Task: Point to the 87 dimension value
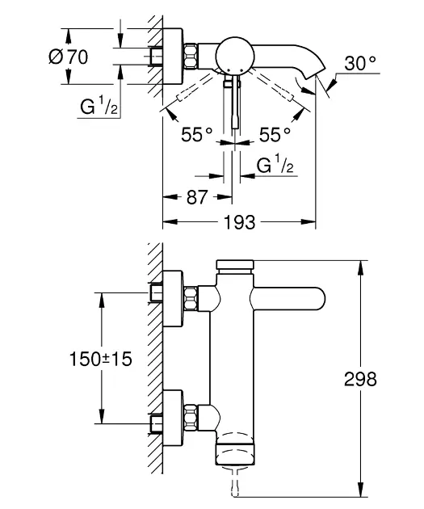pyautogui.click(x=196, y=196)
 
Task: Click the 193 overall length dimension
pyautogui.click(x=240, y=221)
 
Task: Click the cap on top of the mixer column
pyautogui.click(x=236, y=267)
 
